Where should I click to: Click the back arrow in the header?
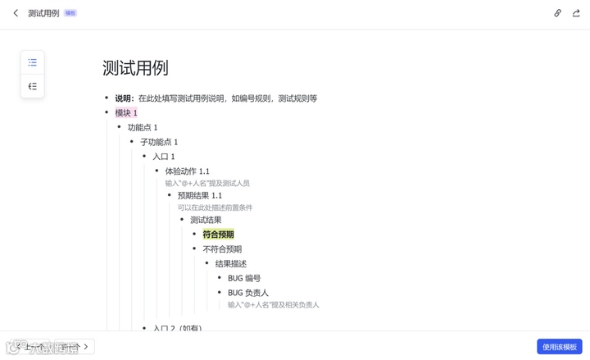16,13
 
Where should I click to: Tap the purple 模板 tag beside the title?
70,13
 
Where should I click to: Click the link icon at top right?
558,13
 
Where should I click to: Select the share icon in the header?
576,13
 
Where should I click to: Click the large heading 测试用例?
135,68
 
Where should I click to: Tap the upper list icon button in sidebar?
33,62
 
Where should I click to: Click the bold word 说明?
124,98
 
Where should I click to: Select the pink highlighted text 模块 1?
126,113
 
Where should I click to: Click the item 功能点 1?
143,128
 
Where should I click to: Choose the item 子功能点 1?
159,143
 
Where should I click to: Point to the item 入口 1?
164,157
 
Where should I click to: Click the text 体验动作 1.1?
187,171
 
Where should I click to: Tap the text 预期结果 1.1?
200,196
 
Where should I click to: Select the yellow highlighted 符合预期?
218,235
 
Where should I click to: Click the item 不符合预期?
222,249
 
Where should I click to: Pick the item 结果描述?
231,264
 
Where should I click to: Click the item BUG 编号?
244,279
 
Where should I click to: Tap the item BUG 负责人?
248,293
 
